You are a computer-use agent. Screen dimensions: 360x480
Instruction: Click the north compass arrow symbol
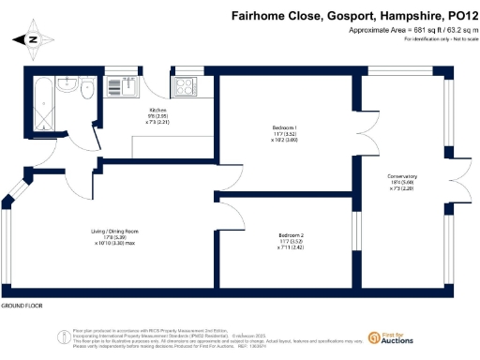point(33,40)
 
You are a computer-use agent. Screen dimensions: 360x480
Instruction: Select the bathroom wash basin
point(66,85)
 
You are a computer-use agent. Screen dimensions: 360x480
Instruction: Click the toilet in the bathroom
point(87,92)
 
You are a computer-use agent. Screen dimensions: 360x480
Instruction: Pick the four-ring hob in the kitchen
point(183,88)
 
